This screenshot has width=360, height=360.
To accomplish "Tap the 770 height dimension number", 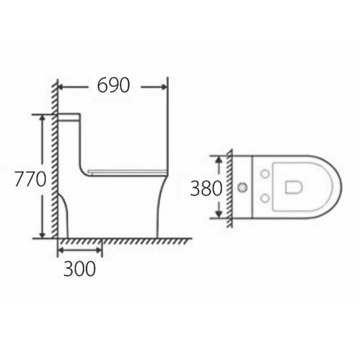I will click(x=29, y=179).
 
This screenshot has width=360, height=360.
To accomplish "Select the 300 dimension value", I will click(x=79, y=269).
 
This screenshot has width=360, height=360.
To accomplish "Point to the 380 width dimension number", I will click(x=206, y=188).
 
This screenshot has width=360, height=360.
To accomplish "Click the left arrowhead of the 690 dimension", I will click(x=61, y=86).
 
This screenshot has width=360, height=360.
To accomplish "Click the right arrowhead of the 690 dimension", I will click(x=164, y=86).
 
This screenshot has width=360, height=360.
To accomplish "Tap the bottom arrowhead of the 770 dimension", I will click(x=43, y=234).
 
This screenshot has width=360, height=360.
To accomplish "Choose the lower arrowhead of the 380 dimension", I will click(x=218, y=214).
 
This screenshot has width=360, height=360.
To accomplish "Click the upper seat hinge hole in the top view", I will click(x=265, y=174).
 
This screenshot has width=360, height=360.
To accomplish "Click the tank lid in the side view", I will click(x=69, y=114).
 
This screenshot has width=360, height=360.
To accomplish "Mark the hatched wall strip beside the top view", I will click(x=229, y=187).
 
